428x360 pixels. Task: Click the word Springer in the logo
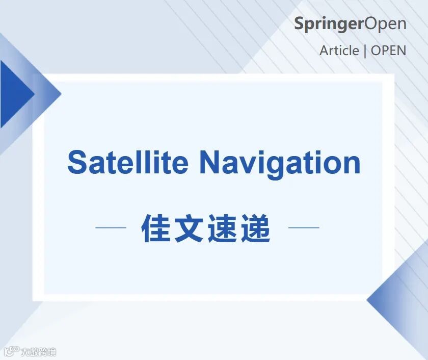click(x=330, y=24)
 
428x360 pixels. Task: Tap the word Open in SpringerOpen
click(x=385, y=24)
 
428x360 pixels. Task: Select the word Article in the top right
click(x=339, y=51)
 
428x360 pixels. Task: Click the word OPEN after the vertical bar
click(x=389, y=51)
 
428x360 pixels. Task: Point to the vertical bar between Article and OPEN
click(x=365, y=51)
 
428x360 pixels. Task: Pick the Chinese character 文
click(x=189, y=228)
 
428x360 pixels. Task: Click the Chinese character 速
click(x=223, y=228)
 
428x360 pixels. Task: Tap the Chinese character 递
click(x=255, y=228)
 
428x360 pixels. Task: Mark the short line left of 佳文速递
click(x=111, y=227)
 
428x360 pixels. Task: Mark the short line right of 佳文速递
click(x=304, y=227)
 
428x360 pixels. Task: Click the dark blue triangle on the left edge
click(x=14, y=94)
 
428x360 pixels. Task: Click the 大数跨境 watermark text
click(x=39, y=352)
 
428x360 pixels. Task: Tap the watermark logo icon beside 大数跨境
click(x=12, y=351)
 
